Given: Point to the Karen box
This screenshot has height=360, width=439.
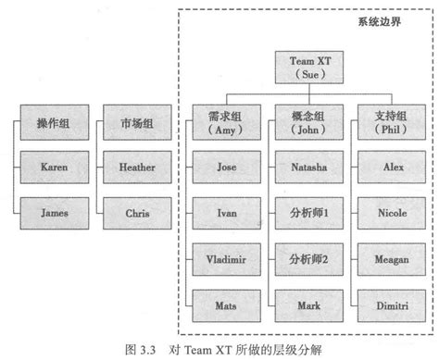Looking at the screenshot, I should click(x=55, y=168).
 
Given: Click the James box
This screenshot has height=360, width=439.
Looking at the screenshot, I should click(x=55, y=212).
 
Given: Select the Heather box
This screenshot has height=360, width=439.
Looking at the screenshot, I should click(x=137, y=168).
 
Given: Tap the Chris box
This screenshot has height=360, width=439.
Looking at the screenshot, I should click(x=137, y=212).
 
